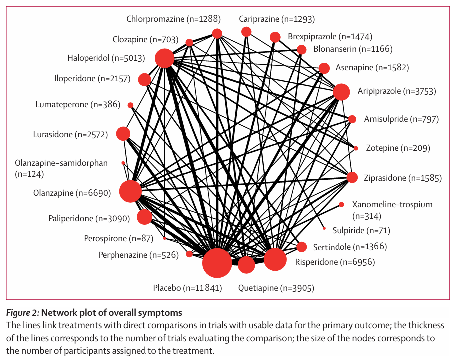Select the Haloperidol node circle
point(164,58)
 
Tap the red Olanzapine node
point(130,192)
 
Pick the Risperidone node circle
point(274,259)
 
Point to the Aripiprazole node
point(341,92)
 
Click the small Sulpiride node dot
point(324,228)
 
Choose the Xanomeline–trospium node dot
point(341,204)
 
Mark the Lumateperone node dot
point(131,105)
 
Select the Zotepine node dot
point(356,148)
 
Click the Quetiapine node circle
point(246,265)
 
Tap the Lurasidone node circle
point(123,134)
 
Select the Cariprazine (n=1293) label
point(276,19)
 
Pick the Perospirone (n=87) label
point(119,238)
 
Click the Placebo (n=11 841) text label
point(187,288)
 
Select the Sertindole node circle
point(301,247)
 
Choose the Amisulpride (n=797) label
point(401,119)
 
